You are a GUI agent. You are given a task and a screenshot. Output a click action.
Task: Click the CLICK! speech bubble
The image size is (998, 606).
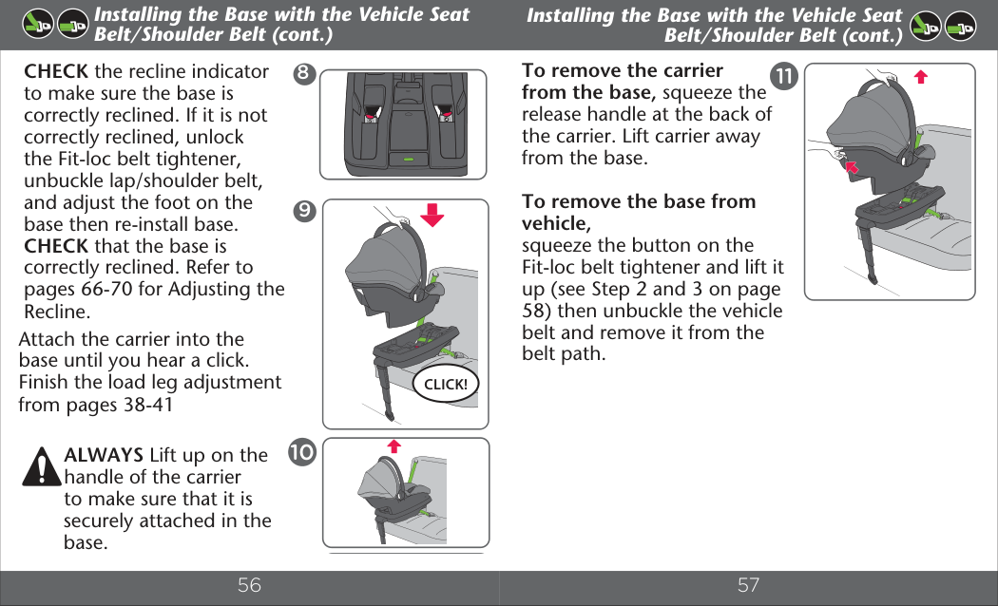[x=445, y=385]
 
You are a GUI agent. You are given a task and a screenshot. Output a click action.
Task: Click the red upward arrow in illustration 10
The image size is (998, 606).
[x=394, y=445]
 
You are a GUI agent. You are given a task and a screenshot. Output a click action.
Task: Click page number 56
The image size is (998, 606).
[x=249, y=585]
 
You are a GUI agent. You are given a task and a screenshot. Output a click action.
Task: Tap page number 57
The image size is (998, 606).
[x=749, y=585]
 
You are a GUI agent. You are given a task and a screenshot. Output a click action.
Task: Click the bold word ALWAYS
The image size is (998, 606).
[x=104, y=455]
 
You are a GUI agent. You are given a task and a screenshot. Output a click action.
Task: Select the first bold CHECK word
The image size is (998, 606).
[x=56, y=71]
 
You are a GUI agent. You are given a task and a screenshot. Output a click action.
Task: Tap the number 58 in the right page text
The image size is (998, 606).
[x=534, y=311]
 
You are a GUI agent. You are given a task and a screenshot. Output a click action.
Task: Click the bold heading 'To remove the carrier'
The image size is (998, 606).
[x=623, y=70]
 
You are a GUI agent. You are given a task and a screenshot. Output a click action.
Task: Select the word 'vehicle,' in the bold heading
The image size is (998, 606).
[x=556, y=223]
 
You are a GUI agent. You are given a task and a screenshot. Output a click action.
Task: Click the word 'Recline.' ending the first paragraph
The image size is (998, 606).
[x=57, y=311]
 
